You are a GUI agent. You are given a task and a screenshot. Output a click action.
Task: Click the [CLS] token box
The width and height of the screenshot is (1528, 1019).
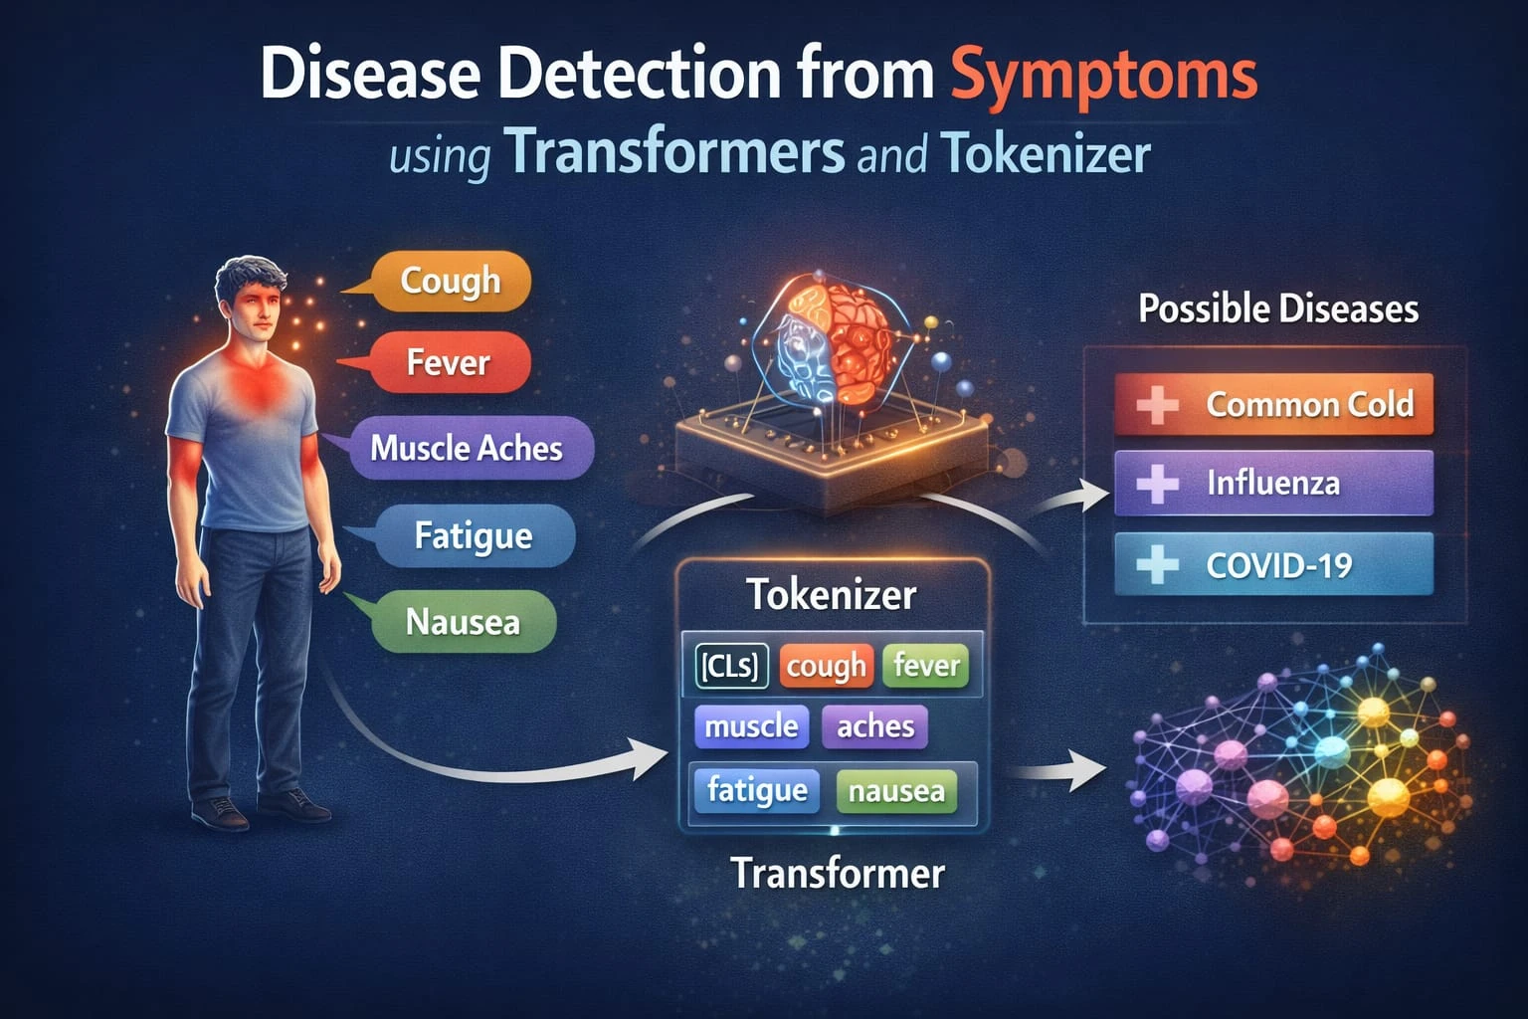point(731,666)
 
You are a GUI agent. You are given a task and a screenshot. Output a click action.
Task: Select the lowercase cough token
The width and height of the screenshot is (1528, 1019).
point(826,666)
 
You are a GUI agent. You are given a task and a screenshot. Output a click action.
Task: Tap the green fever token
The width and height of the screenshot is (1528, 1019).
point(926,666)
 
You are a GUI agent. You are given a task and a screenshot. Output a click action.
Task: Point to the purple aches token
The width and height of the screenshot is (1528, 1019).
point(875,726)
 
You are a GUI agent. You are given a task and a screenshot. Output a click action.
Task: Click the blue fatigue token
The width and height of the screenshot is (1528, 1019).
point(756,791)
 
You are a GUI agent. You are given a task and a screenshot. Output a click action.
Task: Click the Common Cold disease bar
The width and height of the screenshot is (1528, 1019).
point(1273,404)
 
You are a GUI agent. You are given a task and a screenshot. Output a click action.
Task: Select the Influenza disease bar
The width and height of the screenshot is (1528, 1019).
point(1273,483)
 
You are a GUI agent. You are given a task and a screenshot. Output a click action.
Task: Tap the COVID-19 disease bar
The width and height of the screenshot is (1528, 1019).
point(1273,564)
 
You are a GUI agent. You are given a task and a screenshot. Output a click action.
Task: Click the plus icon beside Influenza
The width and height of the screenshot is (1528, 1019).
point(1158,484)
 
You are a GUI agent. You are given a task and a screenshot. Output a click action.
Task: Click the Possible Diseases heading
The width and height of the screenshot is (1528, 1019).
point(1278,308)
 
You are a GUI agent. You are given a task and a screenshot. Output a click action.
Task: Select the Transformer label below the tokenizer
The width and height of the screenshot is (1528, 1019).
point(838,873)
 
